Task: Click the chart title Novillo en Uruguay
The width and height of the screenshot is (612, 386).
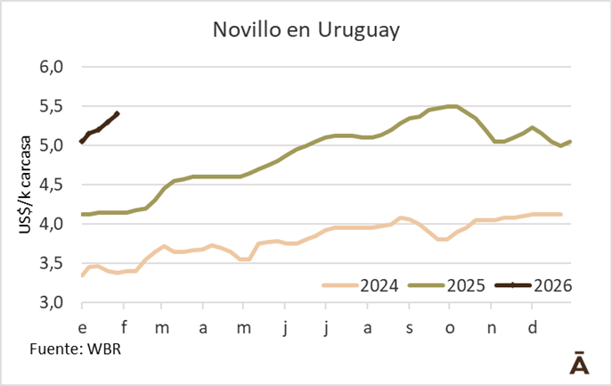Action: [306, 29]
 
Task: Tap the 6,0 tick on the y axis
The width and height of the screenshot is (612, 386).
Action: [51, 67]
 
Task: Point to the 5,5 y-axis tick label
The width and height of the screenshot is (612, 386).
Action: [51, 106]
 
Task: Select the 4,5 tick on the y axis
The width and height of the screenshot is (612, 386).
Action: [51, 185]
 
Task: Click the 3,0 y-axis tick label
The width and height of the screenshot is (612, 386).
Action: [51, 302]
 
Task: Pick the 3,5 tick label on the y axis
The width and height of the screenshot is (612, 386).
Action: [51, 263]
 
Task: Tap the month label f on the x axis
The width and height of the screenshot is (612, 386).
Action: [124, 327]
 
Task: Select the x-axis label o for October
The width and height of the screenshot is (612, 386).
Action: [449, 327]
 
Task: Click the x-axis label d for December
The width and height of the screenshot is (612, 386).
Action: [532, 327]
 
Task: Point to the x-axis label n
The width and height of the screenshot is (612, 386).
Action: [491, 327]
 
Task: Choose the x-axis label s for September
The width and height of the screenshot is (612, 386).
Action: [409, 327]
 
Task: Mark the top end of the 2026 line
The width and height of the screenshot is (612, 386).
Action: [119, 113]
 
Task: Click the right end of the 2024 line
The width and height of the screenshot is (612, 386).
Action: [560, 214]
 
